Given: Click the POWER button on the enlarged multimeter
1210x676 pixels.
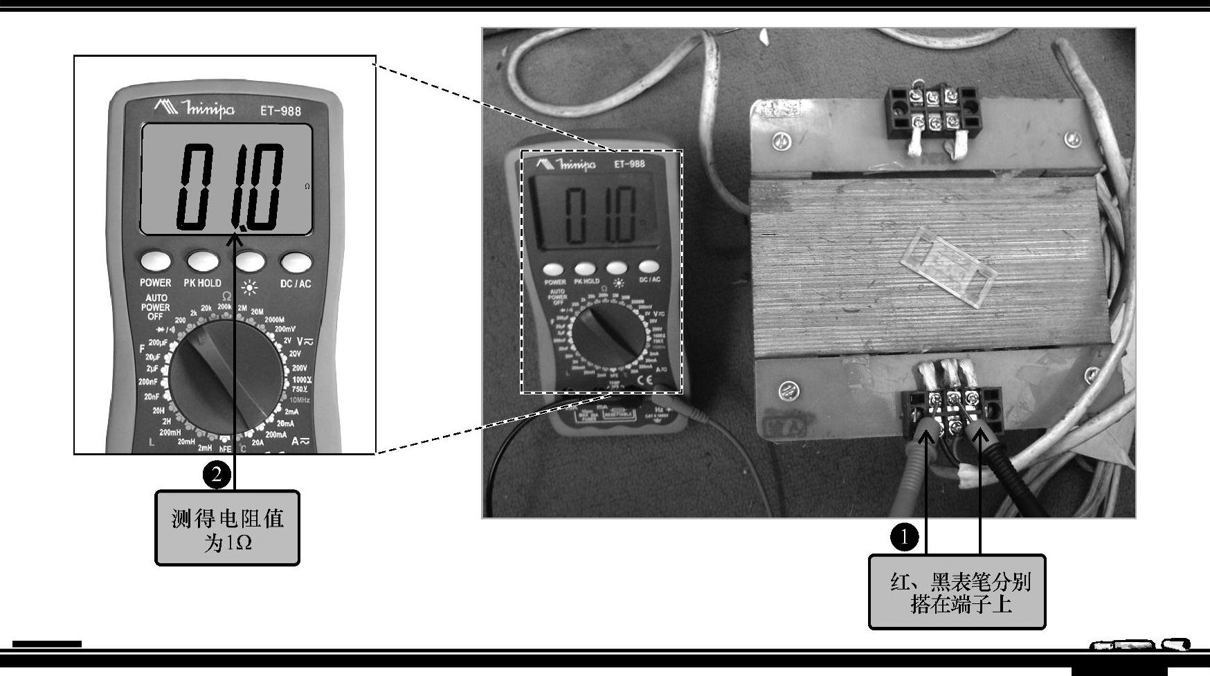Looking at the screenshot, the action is (x=156, y=262).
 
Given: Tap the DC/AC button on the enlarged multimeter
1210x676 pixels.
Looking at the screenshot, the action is (x=296, y=262).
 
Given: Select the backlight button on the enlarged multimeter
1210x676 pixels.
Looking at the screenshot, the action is (x=250, y=262).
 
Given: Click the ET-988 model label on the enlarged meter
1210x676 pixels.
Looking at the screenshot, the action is (x=280, y=111).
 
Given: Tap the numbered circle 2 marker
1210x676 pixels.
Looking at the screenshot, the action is (x=217, y=474).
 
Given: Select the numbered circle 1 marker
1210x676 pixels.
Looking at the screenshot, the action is (x=903, y=536).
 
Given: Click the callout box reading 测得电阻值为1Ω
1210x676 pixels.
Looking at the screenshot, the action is (x=227, y=529).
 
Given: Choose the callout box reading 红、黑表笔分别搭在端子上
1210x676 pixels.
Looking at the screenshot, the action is (x=957, y=592).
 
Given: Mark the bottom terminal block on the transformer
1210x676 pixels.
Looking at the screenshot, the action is (x=954, y=414).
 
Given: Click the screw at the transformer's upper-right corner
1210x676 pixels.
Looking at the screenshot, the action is (x=1072, y=138).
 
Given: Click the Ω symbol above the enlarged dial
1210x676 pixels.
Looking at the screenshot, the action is (x=226, y=296).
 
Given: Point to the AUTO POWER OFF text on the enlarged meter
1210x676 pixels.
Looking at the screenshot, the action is (x=156, y=307).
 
